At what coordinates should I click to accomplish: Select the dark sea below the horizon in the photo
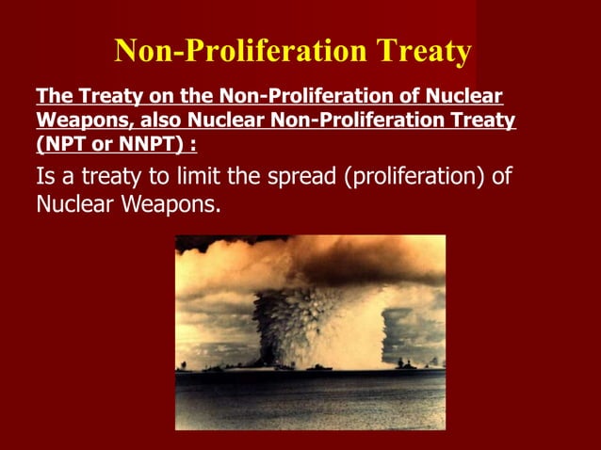point(311,400)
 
